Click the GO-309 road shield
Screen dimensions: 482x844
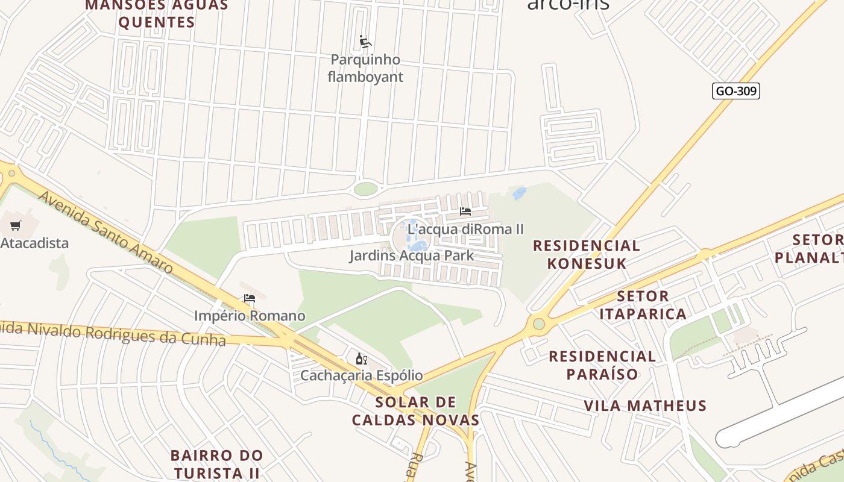pos(736,91)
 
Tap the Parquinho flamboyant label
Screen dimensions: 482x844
pos(365,68)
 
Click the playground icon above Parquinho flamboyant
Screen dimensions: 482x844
pos(365,42)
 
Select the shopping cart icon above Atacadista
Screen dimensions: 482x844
pos(16,226)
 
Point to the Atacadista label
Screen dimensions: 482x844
pos(34,243)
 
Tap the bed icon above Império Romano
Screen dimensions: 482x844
pos(250,298)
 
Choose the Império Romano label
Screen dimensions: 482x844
pos(250,316)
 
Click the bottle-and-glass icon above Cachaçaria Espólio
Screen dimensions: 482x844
pos(362,359)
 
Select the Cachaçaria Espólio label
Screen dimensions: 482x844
pos(362,375)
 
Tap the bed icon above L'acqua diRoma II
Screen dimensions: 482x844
pos(465,211)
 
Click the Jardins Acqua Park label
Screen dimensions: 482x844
pos(412,255)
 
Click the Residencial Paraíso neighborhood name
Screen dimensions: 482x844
pos(602,365)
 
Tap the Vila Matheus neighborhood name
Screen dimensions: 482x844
pos(645,405)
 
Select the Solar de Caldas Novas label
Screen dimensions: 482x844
pos(415,411)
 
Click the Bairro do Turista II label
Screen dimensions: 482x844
pos(216,463)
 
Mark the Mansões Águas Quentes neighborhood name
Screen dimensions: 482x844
pos(157,14)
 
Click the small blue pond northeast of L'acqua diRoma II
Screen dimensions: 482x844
pos(518,193)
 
